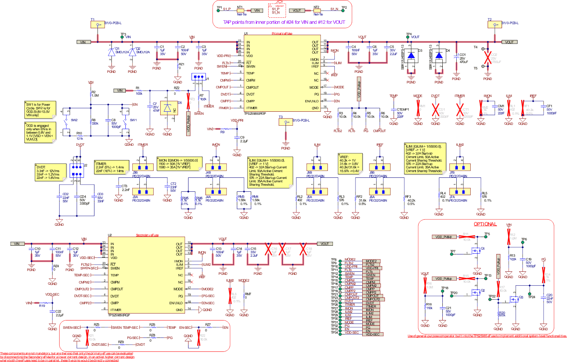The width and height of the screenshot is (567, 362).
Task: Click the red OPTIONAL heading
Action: tap(485, 224)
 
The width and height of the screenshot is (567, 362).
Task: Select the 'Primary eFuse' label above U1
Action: tap(282, 34)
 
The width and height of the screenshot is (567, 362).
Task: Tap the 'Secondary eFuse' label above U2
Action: tap(147, 235)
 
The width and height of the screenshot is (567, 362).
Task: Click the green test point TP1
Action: tap(218, 11)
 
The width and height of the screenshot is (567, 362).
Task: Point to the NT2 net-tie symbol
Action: tap(316, 11)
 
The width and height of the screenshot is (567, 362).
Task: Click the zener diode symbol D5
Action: tap(167, 109)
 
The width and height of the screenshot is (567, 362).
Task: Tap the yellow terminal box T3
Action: tap(285, 122)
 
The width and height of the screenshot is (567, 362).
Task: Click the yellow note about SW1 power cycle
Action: tap(40, 110)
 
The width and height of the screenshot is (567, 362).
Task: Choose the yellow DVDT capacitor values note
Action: tap(48, 172)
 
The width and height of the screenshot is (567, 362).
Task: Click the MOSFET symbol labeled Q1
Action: tap(475, 252)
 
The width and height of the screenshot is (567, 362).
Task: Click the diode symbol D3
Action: tap(411, 55)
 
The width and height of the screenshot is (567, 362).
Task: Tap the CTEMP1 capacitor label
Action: tap(403, 109)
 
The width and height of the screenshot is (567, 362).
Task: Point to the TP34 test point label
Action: tap(334, 333)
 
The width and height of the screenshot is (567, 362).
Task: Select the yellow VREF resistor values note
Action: tap(350, 163)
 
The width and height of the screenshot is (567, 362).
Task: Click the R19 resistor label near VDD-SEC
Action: tap(42, 306)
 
